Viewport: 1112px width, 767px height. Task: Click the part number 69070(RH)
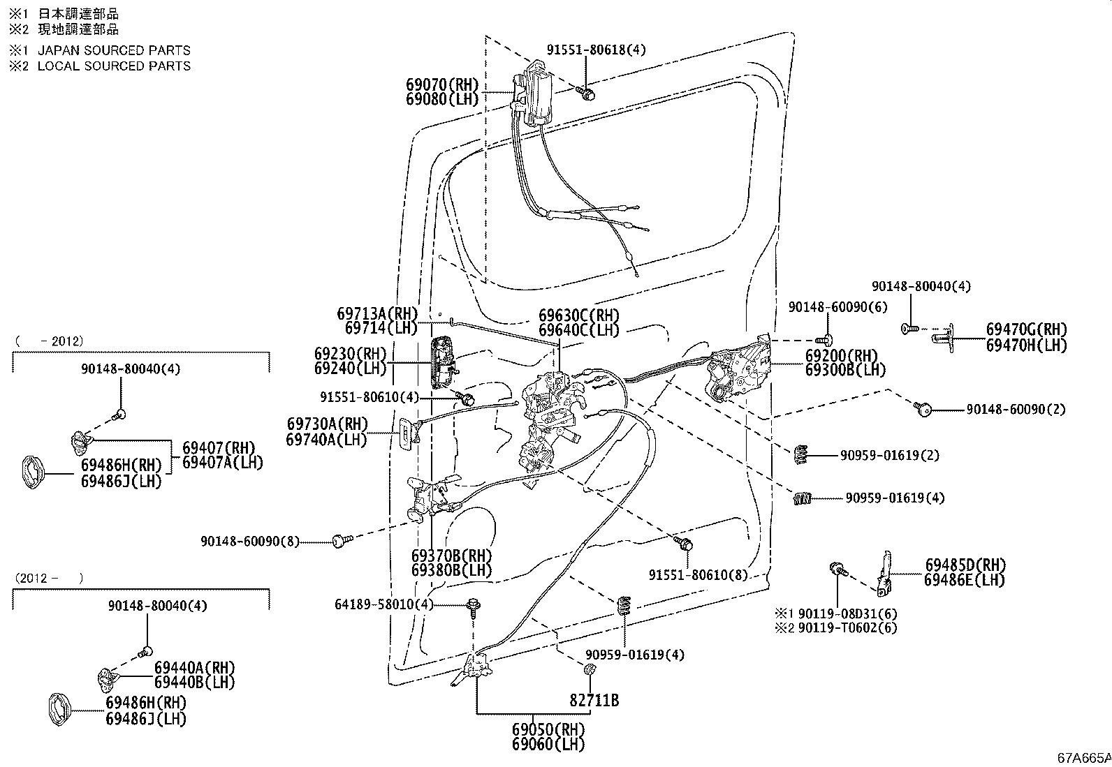pos(442,84)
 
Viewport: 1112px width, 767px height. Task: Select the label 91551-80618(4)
pos(596,50)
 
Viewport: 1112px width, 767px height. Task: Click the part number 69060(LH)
pos(548,744)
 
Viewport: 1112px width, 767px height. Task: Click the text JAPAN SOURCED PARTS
pos(114,50)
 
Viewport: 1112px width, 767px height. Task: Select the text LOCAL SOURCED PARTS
pos(114,66)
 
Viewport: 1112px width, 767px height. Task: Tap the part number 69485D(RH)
pos(965,565)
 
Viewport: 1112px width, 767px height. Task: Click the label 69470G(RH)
pos(1026,329)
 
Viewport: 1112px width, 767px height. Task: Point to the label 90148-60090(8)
pos(249,541)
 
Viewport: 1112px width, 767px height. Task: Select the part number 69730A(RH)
pos(327,424)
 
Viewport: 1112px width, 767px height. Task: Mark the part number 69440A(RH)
pos(194,668)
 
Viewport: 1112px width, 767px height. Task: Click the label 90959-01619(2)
pos(889,455)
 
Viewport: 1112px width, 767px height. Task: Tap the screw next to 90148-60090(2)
pos(924,410)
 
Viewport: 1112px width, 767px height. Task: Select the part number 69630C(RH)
pos(579,315)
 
